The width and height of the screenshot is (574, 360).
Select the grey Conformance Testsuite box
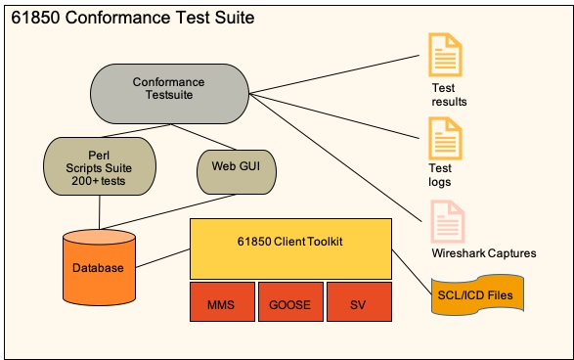point(168,93)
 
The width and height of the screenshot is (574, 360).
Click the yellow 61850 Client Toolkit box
point(290,248)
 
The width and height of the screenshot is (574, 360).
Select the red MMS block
point(222,303)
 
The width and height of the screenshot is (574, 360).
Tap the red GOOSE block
point(289,303)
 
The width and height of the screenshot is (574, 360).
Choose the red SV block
point(358,303)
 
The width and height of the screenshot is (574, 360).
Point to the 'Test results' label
point(449,94)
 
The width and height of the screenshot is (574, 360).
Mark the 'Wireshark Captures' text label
point(483,253)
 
